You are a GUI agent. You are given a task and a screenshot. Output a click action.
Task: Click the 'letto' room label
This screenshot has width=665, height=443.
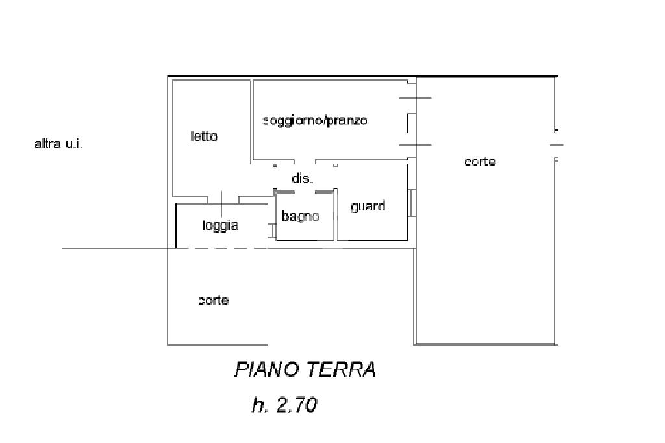[x=204, y=136]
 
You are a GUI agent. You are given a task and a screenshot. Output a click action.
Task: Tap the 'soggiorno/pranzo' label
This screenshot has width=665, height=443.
[x=314, y=121]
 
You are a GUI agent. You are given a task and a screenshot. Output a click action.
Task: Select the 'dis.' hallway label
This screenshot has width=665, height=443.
[x=302, y=179]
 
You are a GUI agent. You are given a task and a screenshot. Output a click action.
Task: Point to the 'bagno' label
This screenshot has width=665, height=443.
[x=300, y=216]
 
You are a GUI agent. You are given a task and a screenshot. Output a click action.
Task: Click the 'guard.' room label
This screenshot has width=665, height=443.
[x=370, y=207]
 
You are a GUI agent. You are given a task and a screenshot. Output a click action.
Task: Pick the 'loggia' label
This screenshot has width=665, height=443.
[x=221, y=225]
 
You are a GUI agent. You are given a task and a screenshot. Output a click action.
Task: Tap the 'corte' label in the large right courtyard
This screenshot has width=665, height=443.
[x=480, y=162]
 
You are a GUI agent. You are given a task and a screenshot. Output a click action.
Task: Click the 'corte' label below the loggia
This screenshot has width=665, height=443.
[x=214, y=301]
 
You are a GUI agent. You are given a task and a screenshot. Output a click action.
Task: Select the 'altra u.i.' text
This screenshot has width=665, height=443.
[x=58, y=144]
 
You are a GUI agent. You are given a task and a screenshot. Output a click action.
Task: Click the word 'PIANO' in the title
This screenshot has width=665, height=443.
[x=266, y=370]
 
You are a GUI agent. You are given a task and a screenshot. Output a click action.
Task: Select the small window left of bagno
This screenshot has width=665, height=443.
[x=272, y=231]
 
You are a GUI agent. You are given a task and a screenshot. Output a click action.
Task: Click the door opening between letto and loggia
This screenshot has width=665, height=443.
[x=223, y=197]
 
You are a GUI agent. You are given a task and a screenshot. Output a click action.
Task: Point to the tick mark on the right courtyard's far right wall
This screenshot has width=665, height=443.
[x=557, y=144]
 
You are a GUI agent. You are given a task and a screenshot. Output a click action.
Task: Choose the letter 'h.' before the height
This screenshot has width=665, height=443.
[x=259, y=405]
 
